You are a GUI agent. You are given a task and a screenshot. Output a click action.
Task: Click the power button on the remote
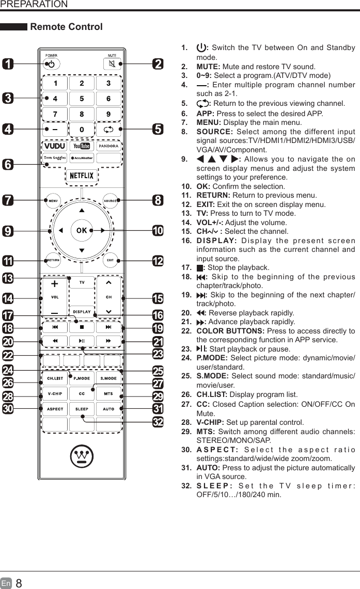pyautogui.click(x=52, y=65)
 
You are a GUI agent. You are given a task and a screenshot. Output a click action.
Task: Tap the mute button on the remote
pyautogui.click(x=112, y=65)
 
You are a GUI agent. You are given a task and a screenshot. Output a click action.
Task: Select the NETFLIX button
pyautogui.click(x=82, y=176)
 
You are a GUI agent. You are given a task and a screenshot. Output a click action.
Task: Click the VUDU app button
pyautogui.click(x=55, y=146)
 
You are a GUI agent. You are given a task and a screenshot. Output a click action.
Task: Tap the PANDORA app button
pyautogui.click(x=108, y=146)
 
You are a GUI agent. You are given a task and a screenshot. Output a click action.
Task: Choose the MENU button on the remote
pyautogui.click(x=53, y=200)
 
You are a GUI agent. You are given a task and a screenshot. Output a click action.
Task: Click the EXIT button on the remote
pyautogui.click(x=110, y=260)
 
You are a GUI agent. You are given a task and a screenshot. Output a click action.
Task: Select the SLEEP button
pyautogui.click(x=82, y=408)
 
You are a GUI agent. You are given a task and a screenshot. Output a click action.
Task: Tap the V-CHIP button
pyautogui.click(x=55, y=393)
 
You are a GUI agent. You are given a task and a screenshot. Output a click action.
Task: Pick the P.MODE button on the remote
pyautogui.click(x=82, y=378)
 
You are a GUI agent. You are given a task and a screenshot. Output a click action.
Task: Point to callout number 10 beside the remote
pyautogui.click(x=158, y=230)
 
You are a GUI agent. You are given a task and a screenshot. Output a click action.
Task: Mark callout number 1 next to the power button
pyautogui.click(x=8, y=64)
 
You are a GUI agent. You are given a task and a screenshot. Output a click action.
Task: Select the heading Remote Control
pyautogui.click(x=67, y=27)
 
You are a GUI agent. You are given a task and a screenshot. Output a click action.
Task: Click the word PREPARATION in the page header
pyautogui.click(x=34, y=5)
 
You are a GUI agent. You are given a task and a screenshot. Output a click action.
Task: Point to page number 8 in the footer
pyautogui.click(x=19, y=583)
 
